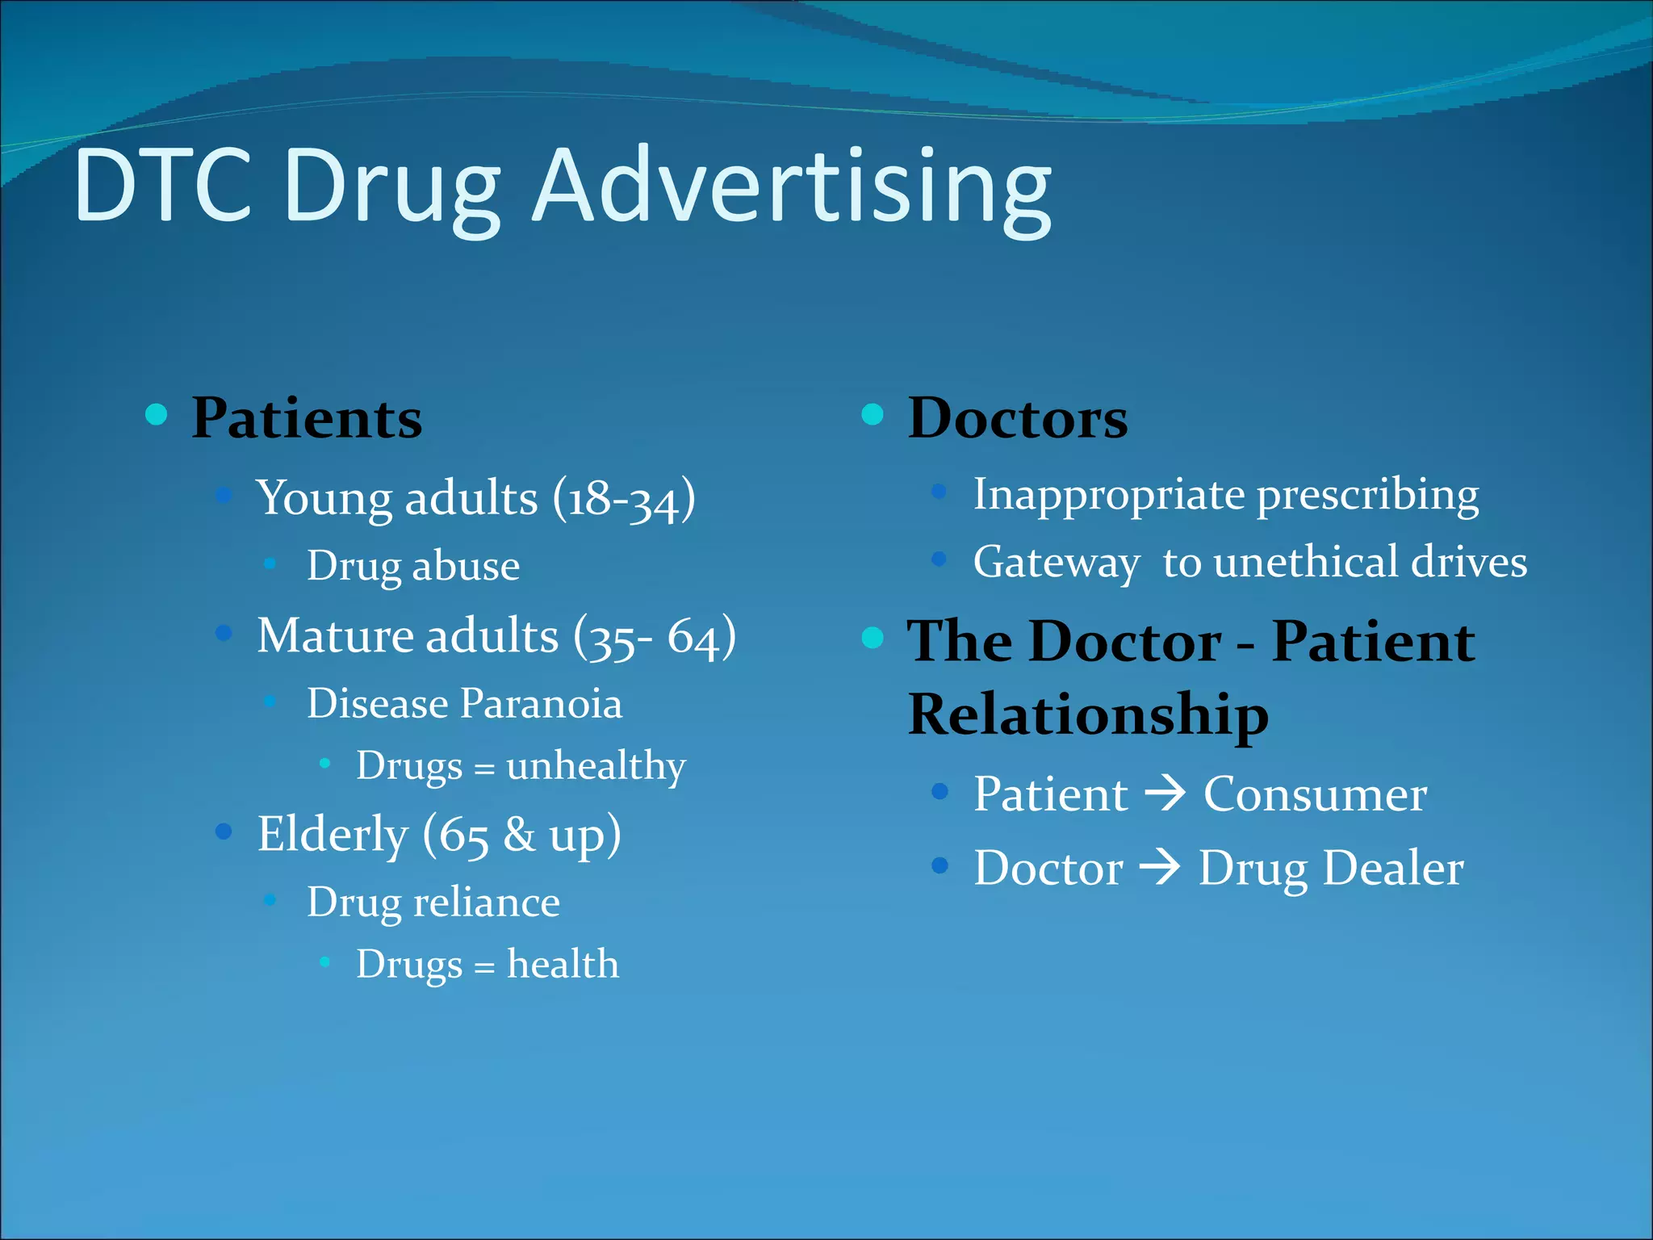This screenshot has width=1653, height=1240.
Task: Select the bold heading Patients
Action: tap(307, 418)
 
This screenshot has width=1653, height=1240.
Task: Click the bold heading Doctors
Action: tap(1018, 418)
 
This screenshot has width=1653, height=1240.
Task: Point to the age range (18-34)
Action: tap(624, 498)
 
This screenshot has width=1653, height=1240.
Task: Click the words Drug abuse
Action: tap(413, 566)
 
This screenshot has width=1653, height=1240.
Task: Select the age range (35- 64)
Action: tap(655, 637)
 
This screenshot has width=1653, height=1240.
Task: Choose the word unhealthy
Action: tap(596, 765)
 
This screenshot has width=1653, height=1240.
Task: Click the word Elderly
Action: tap(332, 834)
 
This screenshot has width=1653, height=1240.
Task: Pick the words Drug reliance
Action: tap(433, 903)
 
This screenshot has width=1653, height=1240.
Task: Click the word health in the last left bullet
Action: tap(563, 964)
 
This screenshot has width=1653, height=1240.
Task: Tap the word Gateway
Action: tap(1056, 563)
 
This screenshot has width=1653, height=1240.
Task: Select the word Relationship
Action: tap(1088, 715)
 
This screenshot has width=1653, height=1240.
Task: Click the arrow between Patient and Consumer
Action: tap(1165, 794)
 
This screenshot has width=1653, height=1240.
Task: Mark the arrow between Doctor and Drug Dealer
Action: tap(1161, 869)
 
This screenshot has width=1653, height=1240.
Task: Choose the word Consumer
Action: tap(1315, 794)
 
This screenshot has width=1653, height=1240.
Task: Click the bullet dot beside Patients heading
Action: tap(157, 415)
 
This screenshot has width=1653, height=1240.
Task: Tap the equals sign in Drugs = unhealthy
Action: tap(484, 768)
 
